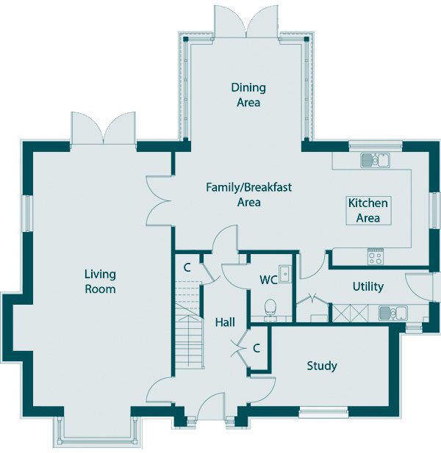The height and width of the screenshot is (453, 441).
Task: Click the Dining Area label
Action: [248, 95]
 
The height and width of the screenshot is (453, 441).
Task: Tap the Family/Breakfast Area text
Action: [248, 195]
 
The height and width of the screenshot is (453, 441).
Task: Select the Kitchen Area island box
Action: [367, 210]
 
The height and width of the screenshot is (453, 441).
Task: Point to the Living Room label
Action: [100, 282]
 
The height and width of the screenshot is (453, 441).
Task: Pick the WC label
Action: [268, 280]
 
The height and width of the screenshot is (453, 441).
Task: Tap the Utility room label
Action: [367, 286]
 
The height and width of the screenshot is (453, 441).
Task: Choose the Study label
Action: [322, 366]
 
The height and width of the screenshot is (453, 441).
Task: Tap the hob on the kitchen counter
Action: [375, 256]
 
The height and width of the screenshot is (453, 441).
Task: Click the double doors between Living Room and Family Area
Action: [157, 200]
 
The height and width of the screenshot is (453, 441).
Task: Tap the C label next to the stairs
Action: [187, 267]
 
